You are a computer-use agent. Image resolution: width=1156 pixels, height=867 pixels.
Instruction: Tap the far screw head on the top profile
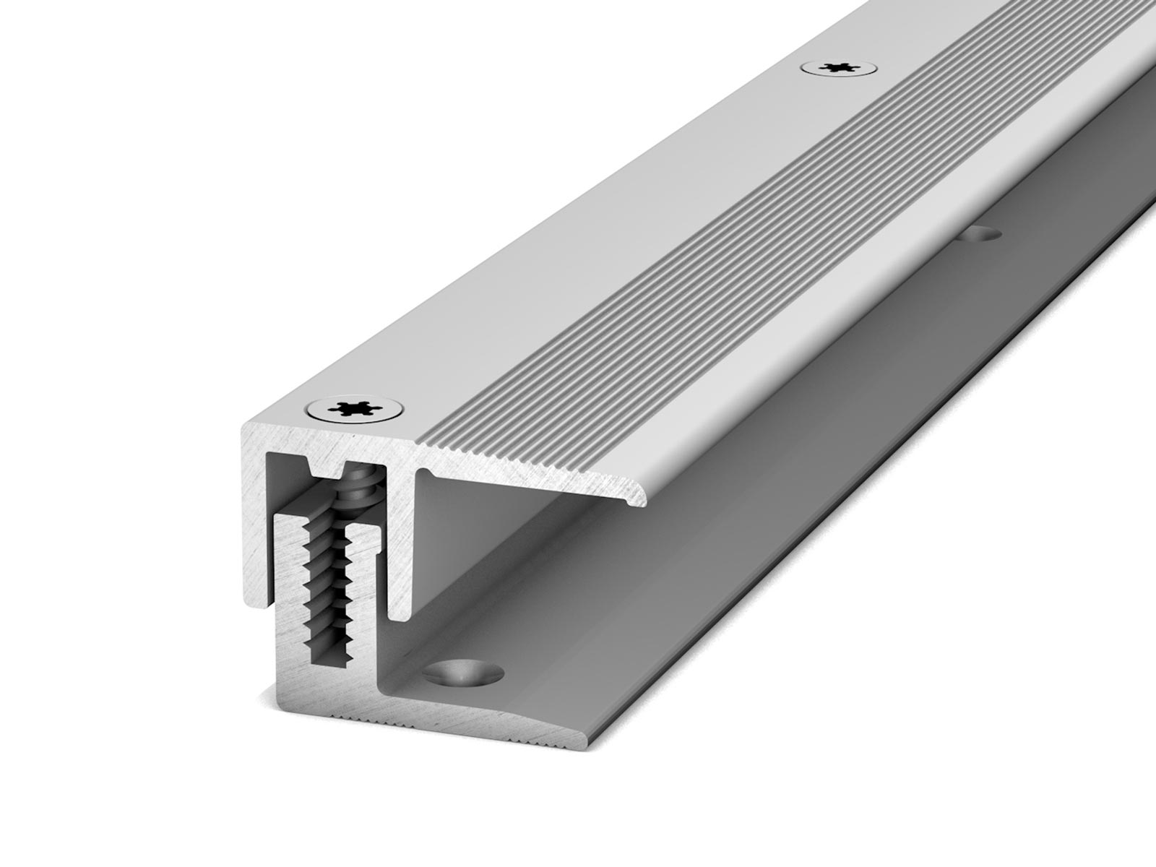click(840, 68)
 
